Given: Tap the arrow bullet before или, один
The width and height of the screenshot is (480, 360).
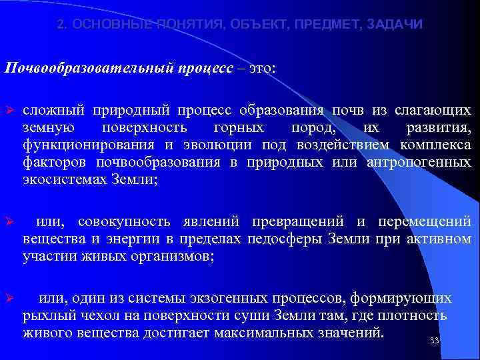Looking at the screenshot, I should click(9, 298).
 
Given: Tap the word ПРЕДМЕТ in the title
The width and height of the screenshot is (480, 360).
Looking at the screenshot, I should click(327, 25).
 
